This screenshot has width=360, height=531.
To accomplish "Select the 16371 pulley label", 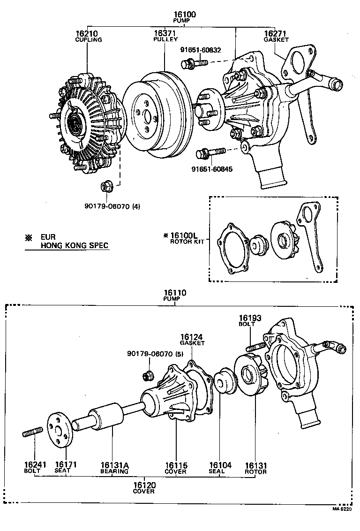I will (x=165, y=34).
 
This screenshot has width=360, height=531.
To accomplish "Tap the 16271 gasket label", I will (x=275, y=34).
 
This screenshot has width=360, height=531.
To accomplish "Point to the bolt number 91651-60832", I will (x=201, y=49).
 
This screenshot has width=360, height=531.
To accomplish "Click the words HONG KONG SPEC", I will (x=74, y=245).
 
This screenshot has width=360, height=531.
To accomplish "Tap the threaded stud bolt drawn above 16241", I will (x=33, y=431).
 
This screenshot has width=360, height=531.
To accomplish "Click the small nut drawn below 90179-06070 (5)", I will (x=148, y=375).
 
